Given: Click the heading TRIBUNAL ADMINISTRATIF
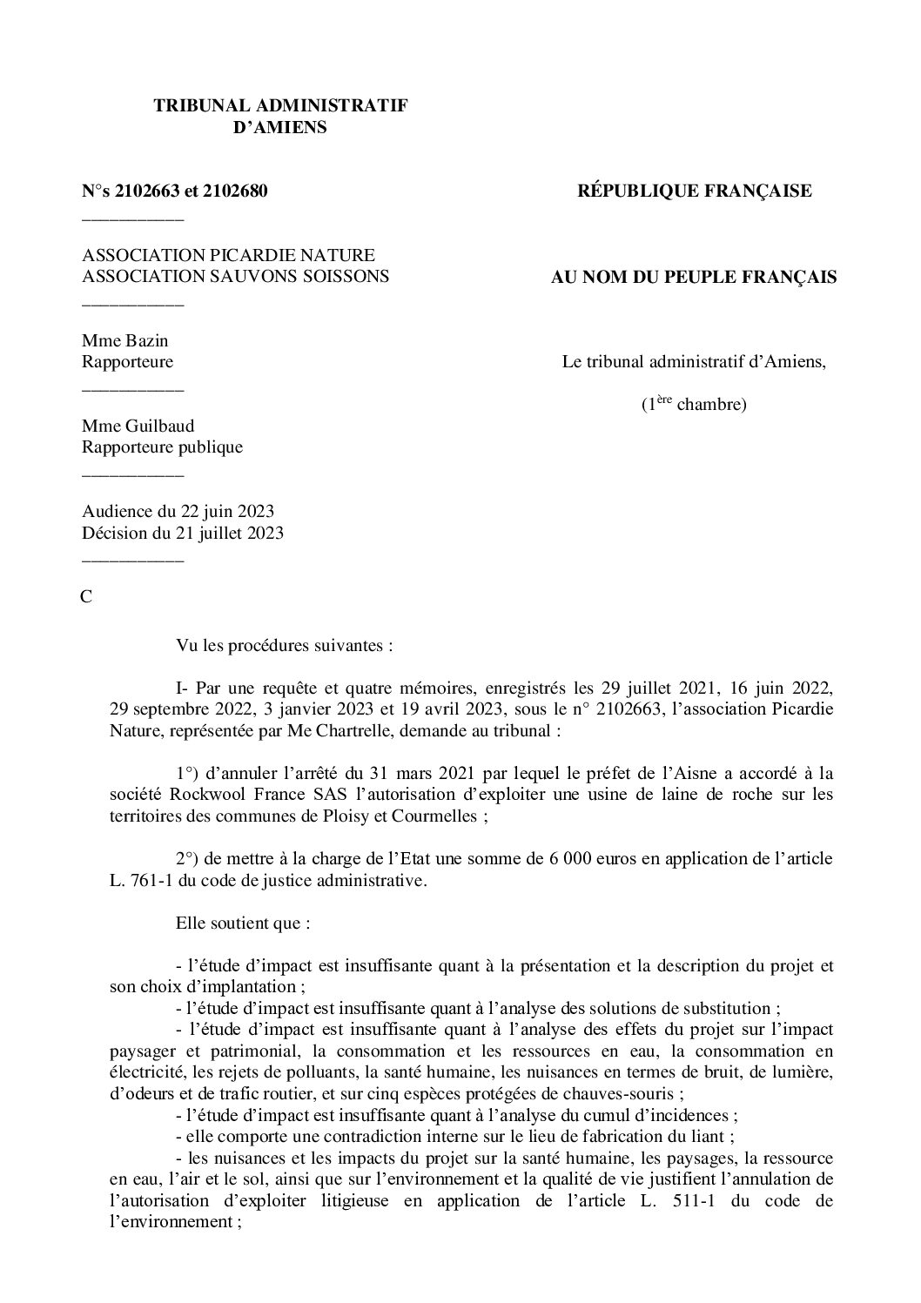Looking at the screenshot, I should pos(280,105).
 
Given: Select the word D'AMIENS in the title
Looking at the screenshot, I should pos(280,127).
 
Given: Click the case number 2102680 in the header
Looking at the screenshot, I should pos(234,191).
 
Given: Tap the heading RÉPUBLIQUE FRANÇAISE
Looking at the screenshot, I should pos(695,191).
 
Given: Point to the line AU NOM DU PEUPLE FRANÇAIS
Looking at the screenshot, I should pos(694,278).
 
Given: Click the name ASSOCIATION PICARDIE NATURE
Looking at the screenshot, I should pos(228,255).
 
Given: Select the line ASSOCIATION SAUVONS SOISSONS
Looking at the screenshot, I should pos(235,277).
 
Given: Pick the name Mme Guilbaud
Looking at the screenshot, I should pos(138,426).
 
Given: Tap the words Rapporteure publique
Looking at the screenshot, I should pos(162,447).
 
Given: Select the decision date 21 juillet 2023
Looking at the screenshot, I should pos(232,533).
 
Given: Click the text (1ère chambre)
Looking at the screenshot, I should pos(694,405).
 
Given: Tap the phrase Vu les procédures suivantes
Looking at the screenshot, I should pos(285,647).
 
